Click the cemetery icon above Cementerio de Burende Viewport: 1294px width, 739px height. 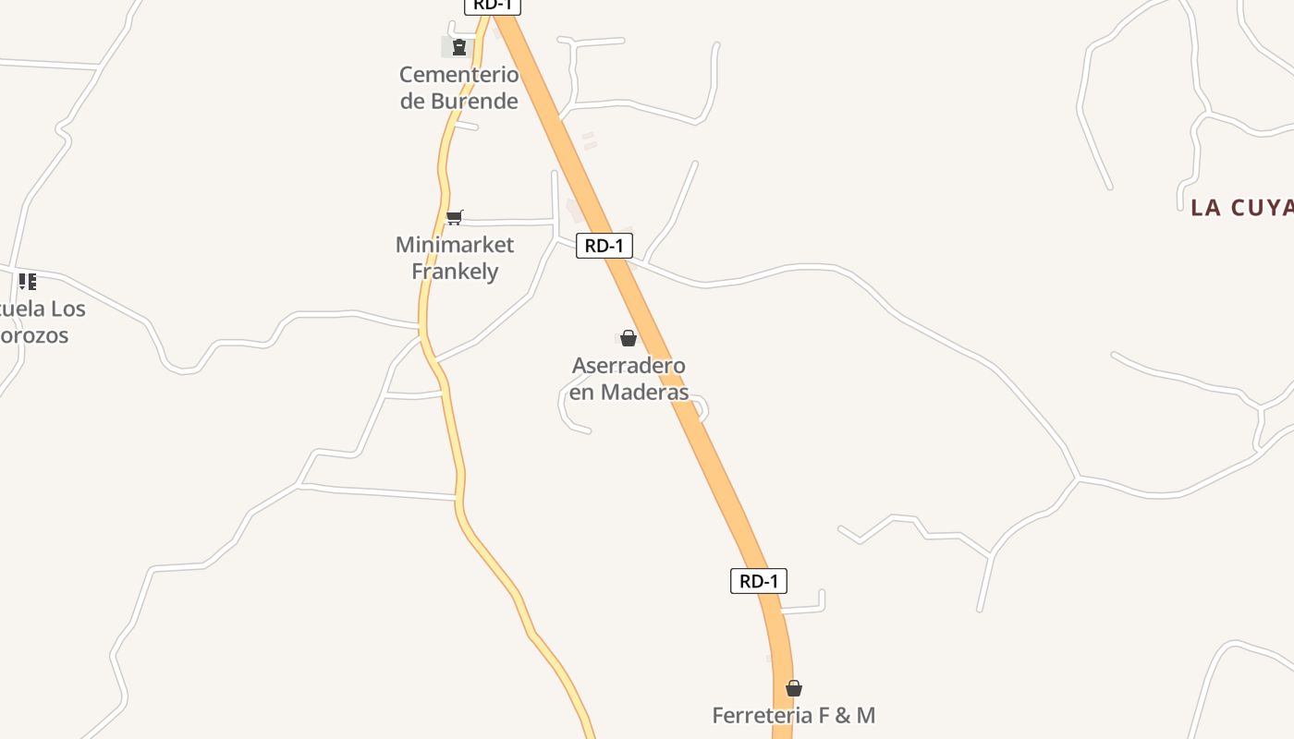click(x=458, y=47)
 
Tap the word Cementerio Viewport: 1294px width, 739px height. click(x=458, y=74)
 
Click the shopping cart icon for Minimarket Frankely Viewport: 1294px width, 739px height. click(x=454, y=217)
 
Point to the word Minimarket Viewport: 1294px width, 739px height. click(x=454, y=245)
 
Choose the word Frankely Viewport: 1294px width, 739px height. click(x=455, y=272)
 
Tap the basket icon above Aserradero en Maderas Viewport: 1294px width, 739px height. click(x=629, y=338)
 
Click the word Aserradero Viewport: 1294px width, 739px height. click(x=629, y=366)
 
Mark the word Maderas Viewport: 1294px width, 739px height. click(x=645, y=393)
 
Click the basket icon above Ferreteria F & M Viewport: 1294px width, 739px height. click(x=793, y=688)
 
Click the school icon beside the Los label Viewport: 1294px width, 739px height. click(x=28, y=281)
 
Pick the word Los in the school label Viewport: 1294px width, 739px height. click(x=67, y=309)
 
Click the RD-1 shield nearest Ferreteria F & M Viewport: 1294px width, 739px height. click(x=759, y=581)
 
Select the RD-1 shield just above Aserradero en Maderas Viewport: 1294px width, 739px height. click(x=604, y=246)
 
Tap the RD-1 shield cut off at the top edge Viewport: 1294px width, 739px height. click(x=493, y=6)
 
